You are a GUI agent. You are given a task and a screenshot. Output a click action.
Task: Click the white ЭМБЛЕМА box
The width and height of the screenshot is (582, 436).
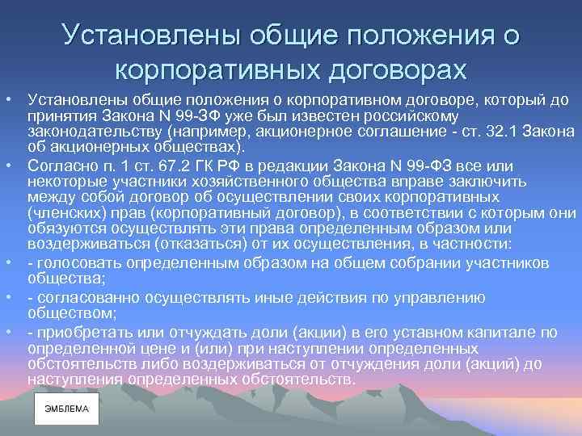[67, 409]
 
